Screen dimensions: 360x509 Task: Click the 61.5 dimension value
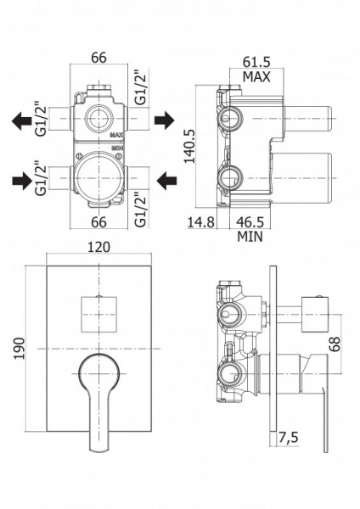pyautogui.click(x=256, y=62)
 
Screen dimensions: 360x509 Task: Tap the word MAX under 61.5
pyautogui.click(x=256, y=77)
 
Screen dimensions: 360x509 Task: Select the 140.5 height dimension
pyautogui.click(x=190, y=146)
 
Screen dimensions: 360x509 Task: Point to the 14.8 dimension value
pyautogui.click(x=200, y=222)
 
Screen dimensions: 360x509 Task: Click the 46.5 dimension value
pyautogui.click(x=250, y=222)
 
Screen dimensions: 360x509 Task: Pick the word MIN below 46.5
pyautogui.click(x=250, y=237)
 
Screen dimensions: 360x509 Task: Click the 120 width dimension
pyautogui.click(x=98, y=248)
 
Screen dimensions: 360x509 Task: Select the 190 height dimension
pyautogui.click(x=20, y=349)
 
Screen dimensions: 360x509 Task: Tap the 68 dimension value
pyautogui.click(x=335, y=344)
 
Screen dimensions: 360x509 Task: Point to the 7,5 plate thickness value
pyautogui.click(x=288, y=438)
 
